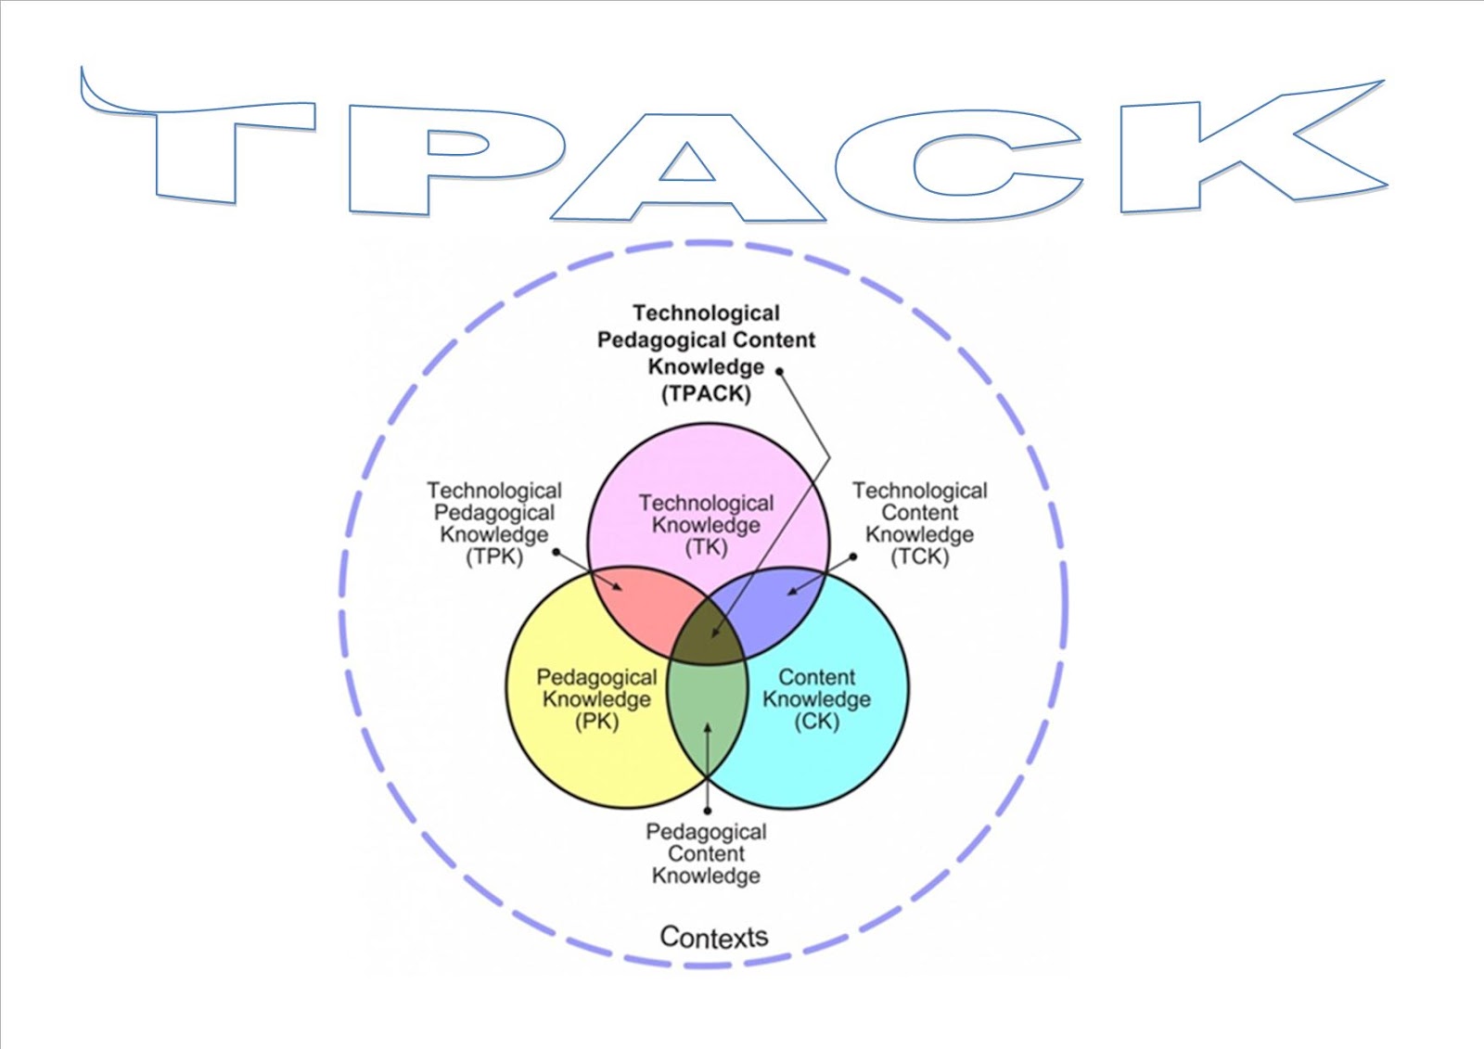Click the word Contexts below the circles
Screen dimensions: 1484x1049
[713, 937]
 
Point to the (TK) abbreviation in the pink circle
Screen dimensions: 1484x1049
[706, 547]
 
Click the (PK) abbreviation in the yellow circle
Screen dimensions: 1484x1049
[596, 722]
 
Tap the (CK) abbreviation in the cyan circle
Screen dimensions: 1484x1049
[817, 722]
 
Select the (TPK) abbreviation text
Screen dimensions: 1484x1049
[494, 556]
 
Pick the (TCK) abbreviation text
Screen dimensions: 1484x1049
[919, 556]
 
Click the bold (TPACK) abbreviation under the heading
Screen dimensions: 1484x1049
[706, 393]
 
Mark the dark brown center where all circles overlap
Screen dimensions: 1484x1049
[708, 637]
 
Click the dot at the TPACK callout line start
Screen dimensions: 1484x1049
[780, 372]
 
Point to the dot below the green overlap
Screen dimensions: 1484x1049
[708, 812]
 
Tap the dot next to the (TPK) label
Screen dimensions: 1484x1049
[556, 552]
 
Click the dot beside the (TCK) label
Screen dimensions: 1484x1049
[853, 556]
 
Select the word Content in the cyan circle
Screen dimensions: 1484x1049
[817, 677]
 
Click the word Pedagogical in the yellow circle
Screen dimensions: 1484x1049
[596, 677]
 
